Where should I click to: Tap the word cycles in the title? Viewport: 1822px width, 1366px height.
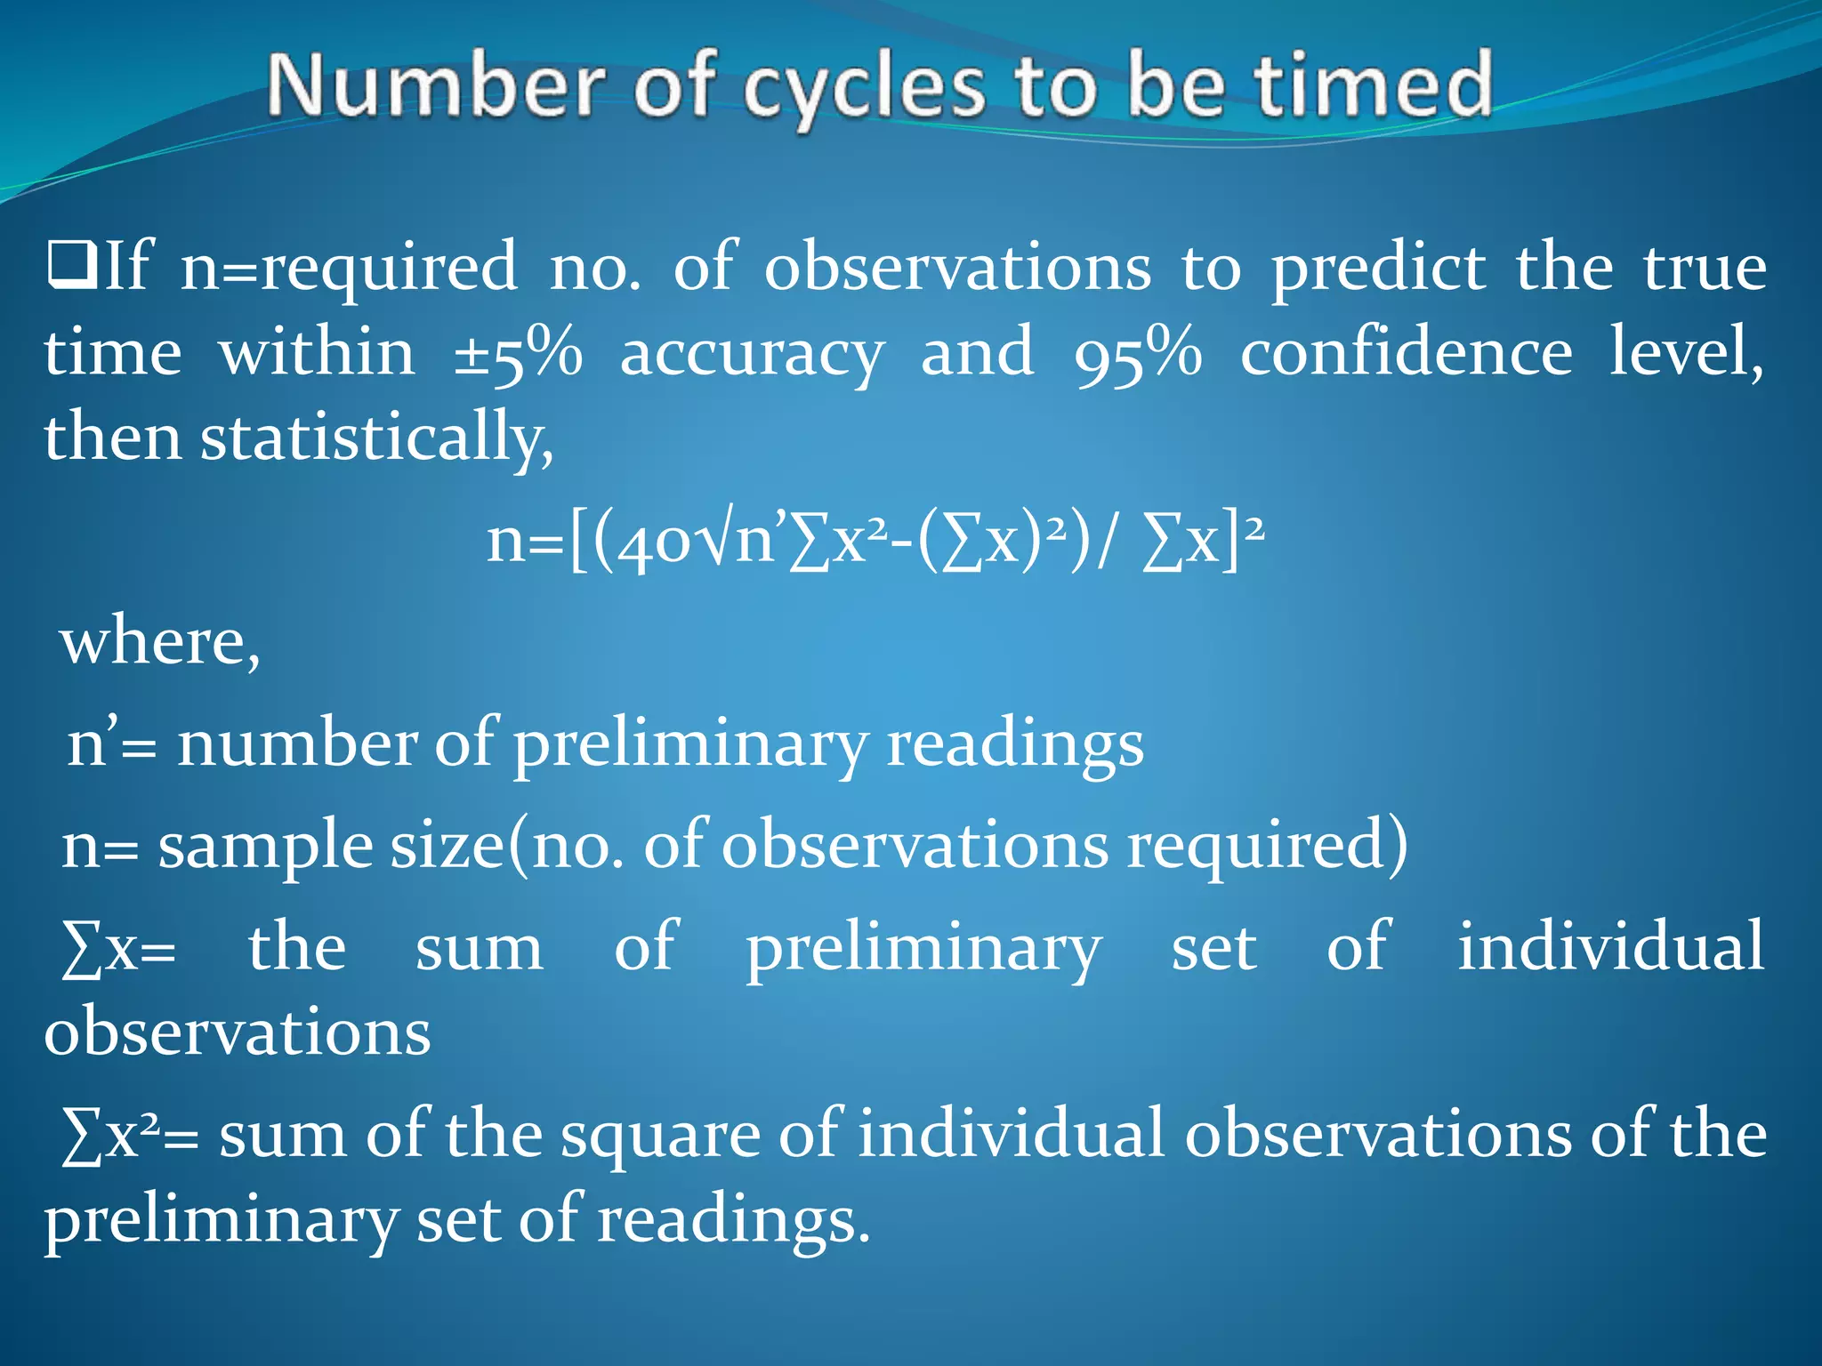[x=863, y=89]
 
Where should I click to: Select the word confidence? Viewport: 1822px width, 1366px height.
[x=1406, y=352]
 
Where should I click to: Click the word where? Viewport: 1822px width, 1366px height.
[x=160, y=642]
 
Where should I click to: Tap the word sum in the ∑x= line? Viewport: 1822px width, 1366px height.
[x=480, y=948]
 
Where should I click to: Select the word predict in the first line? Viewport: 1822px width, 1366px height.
[x=1378, y=268]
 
